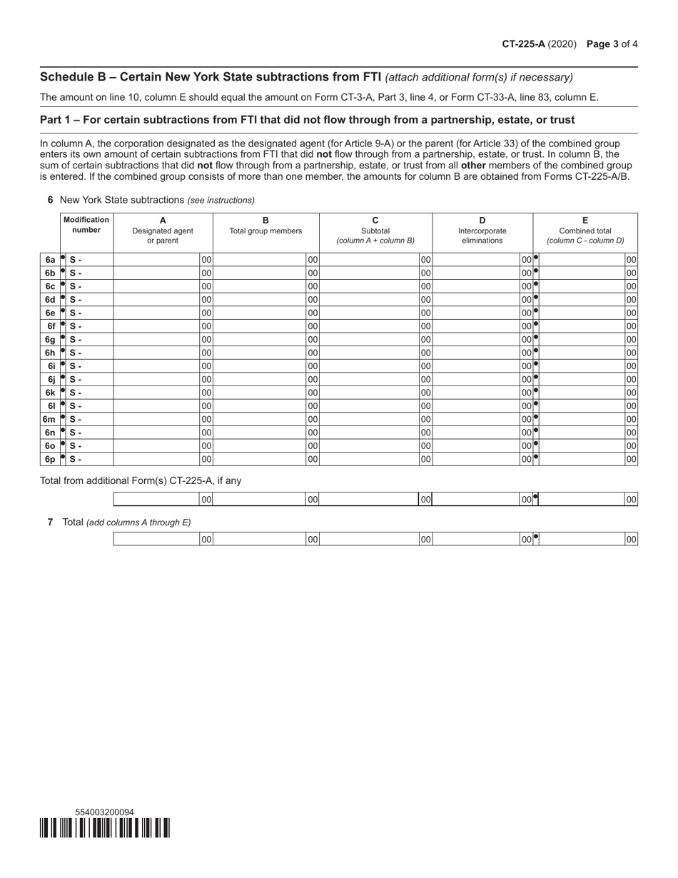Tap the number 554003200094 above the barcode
(104, 812)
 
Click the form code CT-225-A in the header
(523, 44)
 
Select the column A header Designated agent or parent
(163, 231)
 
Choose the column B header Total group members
(265, 231)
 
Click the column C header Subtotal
(375, 231)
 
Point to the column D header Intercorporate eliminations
(482, 231)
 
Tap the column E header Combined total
(585, 231)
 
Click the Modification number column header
(86, 225)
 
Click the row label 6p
(49, 459)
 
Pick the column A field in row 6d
(156, 299)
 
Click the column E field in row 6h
(582, 353)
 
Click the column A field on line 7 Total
(156, 540)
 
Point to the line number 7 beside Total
(51, 522)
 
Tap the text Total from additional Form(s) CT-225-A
(141, 480)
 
